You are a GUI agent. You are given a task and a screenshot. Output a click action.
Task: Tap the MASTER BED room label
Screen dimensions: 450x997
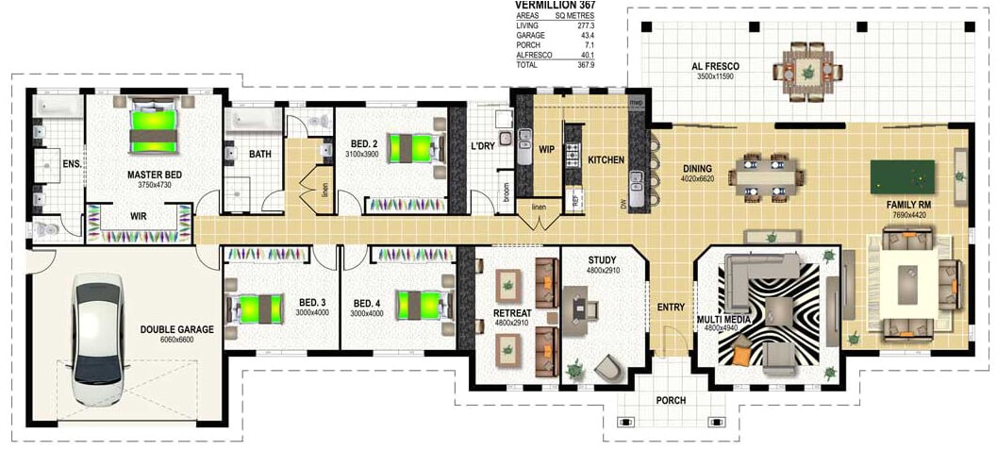[x=154, y=175]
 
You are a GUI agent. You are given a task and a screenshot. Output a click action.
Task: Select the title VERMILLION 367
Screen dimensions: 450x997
[x=555, y=6]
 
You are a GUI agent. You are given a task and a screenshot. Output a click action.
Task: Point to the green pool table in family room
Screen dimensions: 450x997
[x=902, y=175]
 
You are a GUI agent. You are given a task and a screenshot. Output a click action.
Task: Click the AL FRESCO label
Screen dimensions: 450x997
[x=715, y=66]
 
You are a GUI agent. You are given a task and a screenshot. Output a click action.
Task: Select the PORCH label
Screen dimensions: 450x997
[x=672, y=401]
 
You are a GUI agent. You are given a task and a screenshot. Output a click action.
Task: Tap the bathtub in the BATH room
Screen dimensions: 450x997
[x=252, y=120]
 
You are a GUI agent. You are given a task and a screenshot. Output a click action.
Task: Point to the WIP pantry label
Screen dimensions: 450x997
[x=546, y=149]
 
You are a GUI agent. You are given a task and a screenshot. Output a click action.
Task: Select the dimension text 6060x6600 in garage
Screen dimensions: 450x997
[x=177, y=339]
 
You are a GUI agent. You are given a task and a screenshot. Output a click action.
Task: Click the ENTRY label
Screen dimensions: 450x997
[x=671, y=307]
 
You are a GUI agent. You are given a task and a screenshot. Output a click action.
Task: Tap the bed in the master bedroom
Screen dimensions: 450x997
[x=153, y=129]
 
